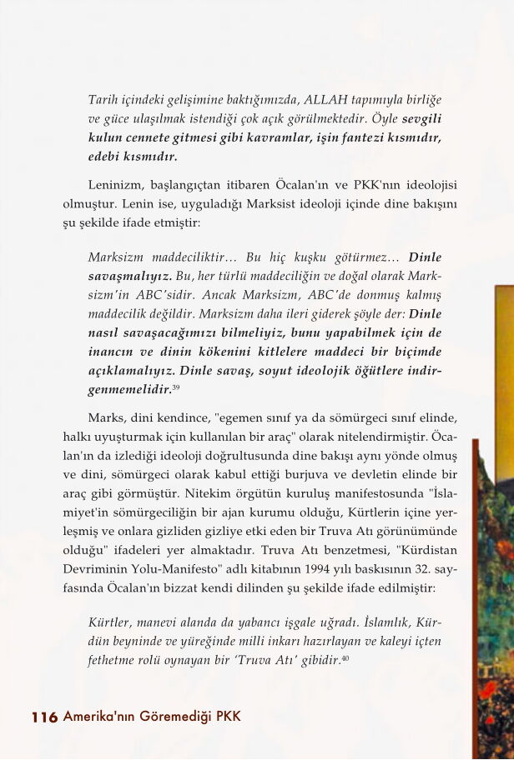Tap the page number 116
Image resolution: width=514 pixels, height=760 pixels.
tap(44, 717)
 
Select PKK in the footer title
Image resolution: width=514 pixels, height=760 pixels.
tap(225, 717)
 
